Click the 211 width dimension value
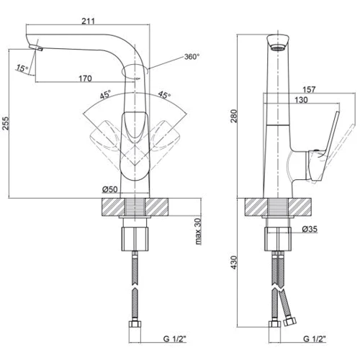89,21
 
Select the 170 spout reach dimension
85,78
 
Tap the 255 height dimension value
5,123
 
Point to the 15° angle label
22,68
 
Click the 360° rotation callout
192,57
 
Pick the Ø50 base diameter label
110,189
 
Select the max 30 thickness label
198,231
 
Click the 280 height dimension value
234,116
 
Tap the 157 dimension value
309,89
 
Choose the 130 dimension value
301,99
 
